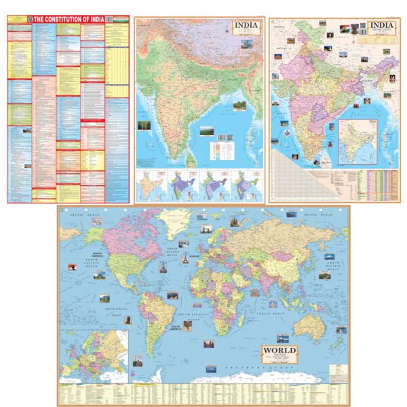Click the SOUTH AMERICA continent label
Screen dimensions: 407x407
[174, 326]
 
